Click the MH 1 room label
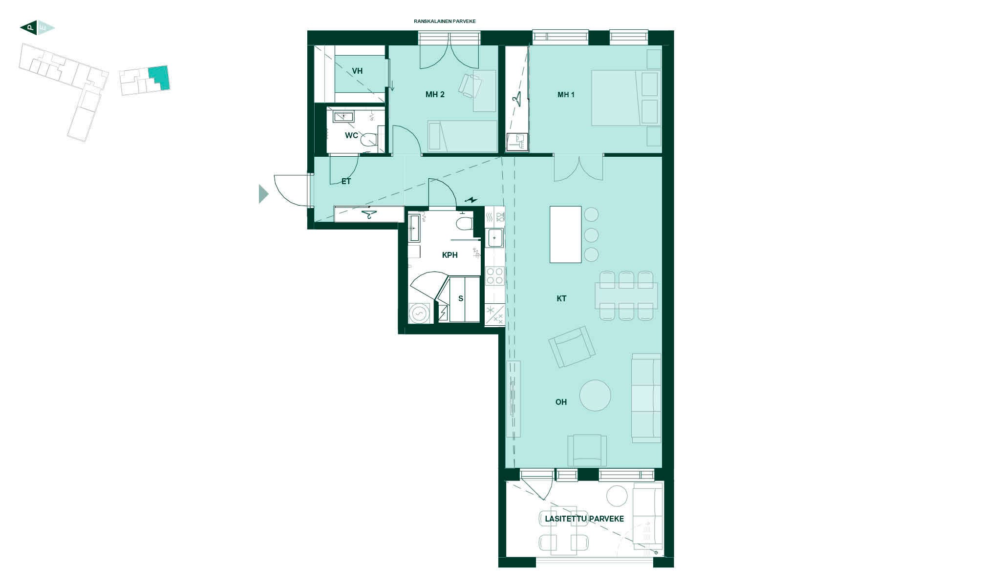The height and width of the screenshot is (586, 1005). pos(566,95)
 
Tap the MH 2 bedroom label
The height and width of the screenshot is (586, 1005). pos(435,95)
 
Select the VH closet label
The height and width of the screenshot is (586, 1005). pos(357,71)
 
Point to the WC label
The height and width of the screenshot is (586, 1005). pos(351,136)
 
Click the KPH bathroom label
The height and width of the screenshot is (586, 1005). pos(449,255)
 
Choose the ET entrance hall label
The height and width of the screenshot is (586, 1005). pos(346,182)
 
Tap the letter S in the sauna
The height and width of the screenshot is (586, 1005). pos(461,299)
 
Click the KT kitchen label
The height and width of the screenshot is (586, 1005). pos(561,299)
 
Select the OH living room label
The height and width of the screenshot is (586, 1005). pos(561,402)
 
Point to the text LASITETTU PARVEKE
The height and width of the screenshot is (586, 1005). pos(584,519)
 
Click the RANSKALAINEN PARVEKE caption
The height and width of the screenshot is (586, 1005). pos(445,21)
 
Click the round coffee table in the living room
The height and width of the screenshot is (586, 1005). pos(595,396)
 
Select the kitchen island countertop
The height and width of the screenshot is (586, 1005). pos(566,234)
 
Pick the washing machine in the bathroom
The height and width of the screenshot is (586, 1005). pos(419,313)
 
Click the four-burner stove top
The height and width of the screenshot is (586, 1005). pos(494,276)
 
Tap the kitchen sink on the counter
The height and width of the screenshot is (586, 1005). pos(495,238)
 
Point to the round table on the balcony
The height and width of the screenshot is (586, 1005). pos(617,496)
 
